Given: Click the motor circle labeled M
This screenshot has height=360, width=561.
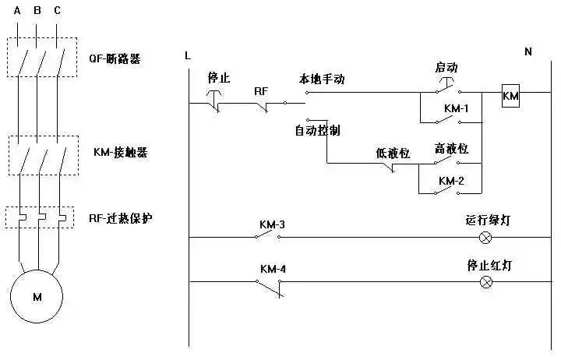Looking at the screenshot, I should (x=37, y=296).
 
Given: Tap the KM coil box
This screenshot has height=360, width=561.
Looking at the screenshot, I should (x=510, y=97).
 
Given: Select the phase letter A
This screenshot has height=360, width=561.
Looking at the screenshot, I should (x=17, y=10).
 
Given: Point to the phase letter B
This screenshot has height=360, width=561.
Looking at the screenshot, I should (x=37, y=10).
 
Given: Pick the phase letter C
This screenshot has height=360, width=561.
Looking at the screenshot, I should (x=57, y=10).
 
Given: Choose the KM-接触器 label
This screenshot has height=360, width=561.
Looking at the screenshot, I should (x=121, y=153).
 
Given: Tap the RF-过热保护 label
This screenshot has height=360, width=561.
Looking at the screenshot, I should (x=121, y=218).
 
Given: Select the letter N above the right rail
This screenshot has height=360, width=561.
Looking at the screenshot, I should (x=527, y=51).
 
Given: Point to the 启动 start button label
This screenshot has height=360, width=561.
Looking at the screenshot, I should (x=446, y=69).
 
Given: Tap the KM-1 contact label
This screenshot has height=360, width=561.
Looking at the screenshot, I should (x=456, y=108).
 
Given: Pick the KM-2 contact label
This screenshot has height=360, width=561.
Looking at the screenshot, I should (x=450, y=181).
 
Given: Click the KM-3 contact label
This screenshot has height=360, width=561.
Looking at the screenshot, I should (x=272, y=225).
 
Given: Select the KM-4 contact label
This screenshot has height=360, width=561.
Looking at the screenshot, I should (x=272, y=270).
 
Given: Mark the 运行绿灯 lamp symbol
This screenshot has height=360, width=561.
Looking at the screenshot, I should (x=486, y=237).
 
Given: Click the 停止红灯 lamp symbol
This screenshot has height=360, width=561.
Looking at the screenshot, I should (x=486, y=281).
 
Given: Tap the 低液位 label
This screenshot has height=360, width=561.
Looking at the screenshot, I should (x=393, y=153).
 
